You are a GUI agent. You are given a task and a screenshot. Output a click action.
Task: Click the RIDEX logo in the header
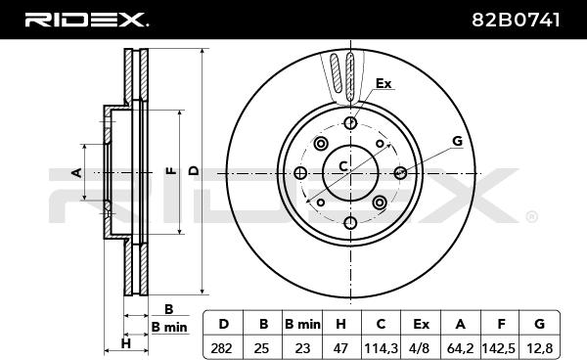86,20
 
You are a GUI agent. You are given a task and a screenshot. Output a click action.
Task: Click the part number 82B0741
516,20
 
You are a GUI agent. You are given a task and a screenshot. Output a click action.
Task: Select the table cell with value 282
222,348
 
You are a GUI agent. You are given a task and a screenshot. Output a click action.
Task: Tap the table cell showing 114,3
381,348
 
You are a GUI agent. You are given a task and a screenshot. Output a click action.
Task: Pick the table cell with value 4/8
420,348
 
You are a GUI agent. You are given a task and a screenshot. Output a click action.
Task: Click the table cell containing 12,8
539,348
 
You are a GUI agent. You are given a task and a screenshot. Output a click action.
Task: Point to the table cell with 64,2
460,348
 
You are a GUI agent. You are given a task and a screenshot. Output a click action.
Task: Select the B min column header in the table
302,324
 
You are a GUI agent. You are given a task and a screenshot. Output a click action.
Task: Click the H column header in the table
341,324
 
